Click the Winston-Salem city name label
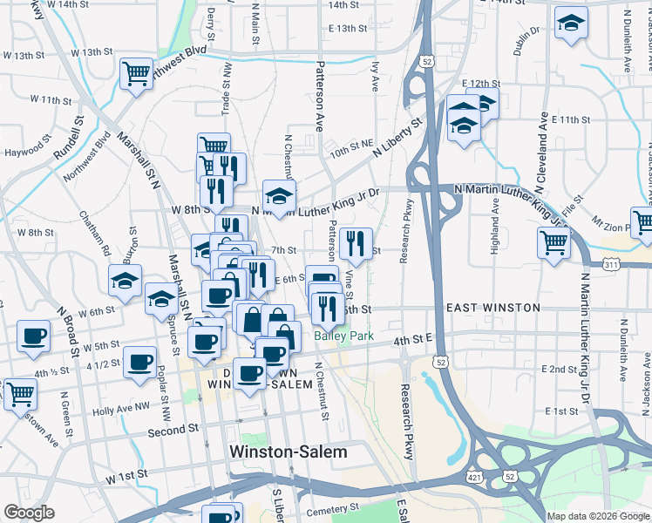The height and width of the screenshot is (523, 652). (287, 452)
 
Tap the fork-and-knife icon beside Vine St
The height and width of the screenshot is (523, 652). (355, 244)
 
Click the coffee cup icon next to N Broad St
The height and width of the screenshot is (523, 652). (34, 336)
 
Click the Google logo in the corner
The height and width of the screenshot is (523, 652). (29, 513)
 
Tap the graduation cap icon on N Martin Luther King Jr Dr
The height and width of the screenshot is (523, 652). (279, 196)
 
